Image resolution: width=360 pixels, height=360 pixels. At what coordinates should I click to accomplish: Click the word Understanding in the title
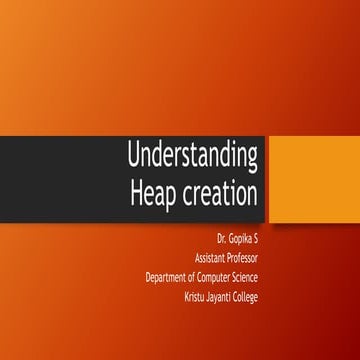pos(193,156)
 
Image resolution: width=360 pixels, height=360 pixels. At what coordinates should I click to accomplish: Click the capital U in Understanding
pos(134,156)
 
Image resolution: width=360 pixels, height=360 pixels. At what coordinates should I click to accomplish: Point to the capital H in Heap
pos(137,191)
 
